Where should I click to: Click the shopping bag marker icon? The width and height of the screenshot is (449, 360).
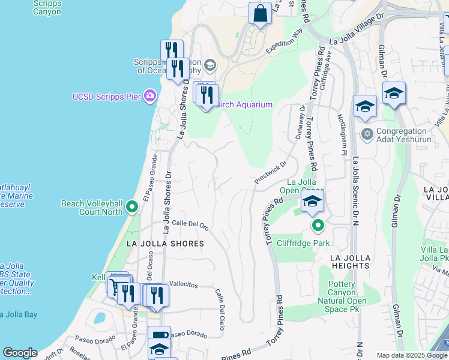(x=260, y=13)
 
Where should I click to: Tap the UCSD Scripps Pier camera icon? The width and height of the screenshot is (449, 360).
(x=150, y=96)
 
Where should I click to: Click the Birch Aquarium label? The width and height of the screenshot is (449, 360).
(x=243, y=104)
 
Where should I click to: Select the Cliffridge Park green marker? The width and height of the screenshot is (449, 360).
(x=318, y=226)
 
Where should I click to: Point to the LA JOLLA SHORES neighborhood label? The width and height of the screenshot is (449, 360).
(x=165, y=244)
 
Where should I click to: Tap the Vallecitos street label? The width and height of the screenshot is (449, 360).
(x=184, y=284)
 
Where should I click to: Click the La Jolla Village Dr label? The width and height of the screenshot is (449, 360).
(x=357, y=32)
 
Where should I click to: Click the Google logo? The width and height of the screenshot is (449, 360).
(x=20, y=353)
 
